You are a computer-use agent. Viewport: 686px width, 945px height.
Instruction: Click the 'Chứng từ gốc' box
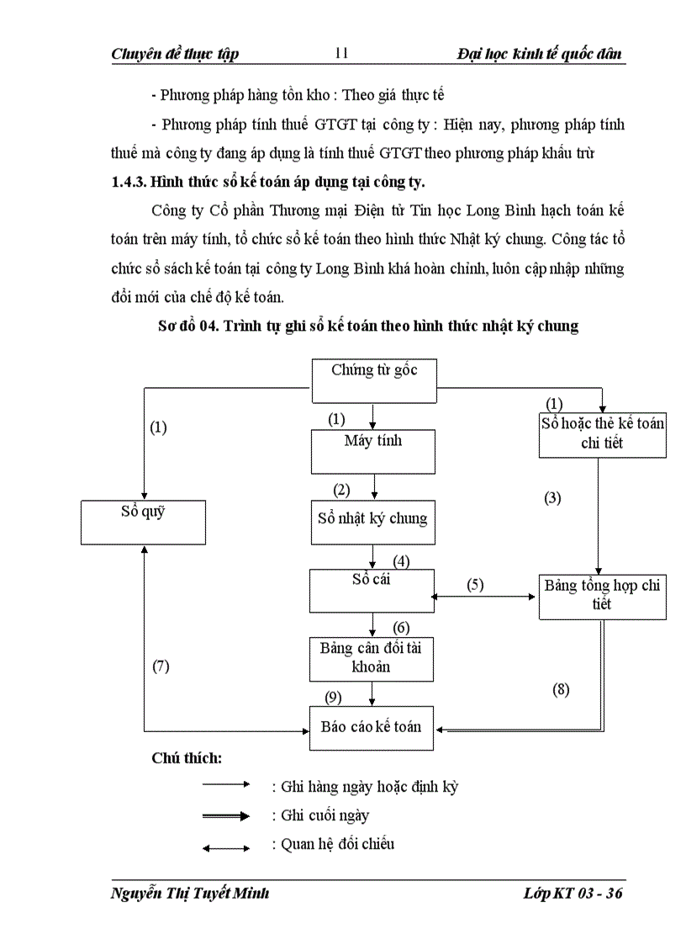pos(375,381)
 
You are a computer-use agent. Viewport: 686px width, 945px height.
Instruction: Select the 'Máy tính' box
pos(372,451)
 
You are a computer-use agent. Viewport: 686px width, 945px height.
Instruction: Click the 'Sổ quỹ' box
pos(143,522)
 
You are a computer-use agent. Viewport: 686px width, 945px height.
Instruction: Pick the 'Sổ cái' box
pos(372,591)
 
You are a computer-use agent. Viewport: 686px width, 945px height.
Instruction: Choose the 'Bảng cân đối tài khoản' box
pos(372,658)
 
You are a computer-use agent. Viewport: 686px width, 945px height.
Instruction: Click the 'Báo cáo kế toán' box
pos(372,726)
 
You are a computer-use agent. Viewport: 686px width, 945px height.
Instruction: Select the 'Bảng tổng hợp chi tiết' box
pos(602,596)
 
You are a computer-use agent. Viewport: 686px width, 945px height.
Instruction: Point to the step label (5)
pos(476,585)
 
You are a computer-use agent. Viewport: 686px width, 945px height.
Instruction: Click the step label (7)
pos(161,666)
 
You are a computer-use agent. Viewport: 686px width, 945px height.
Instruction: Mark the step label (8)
pos(561,689)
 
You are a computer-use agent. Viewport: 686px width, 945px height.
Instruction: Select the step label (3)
pos(552,497)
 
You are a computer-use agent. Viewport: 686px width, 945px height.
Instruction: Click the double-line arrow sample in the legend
pos(226,815)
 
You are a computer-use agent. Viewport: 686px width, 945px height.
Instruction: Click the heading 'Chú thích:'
pos(187,758)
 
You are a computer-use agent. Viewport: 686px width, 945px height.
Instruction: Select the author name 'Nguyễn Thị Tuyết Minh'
pos(190,894)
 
